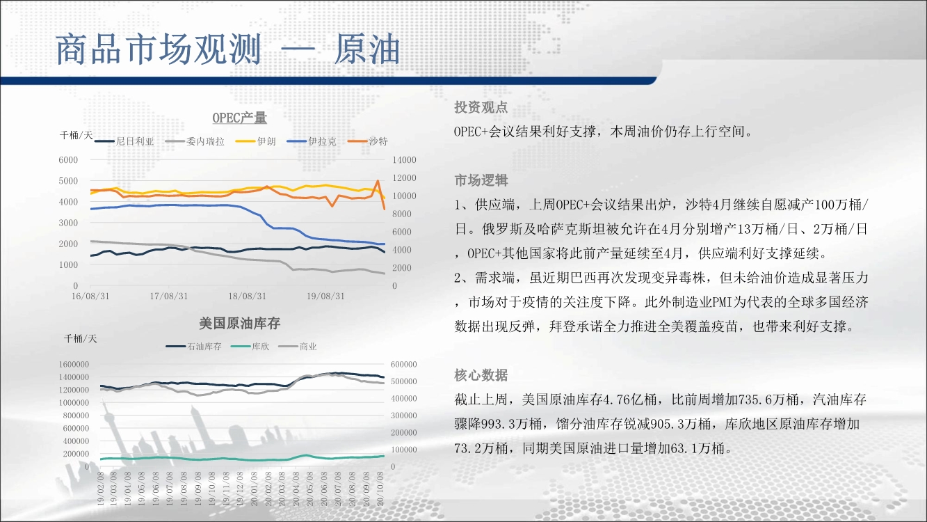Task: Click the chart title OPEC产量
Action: point(240,118)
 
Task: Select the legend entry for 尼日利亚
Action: point(124,141)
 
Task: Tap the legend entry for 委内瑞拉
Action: point(195,141)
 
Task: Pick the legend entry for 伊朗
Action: point(255,141)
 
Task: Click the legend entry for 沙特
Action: point(367,141)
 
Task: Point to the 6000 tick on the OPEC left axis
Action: point(68,160)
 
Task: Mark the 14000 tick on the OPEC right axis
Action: point(404,160)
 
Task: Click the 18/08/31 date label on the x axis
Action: point(247,296)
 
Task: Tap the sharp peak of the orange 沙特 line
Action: point(378,181)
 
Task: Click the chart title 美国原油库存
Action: point(240,323)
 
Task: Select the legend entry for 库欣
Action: point(250,347)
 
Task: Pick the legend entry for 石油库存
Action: point(194,347)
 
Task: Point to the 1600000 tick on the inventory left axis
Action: point(74,364)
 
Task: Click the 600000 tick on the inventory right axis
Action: point(404,364)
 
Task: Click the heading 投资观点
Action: point(481,107)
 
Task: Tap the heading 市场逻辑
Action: point(481,180)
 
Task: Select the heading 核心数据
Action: point(481,375)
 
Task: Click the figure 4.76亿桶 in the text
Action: point(630,400)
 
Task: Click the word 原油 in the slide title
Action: point(367,49)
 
